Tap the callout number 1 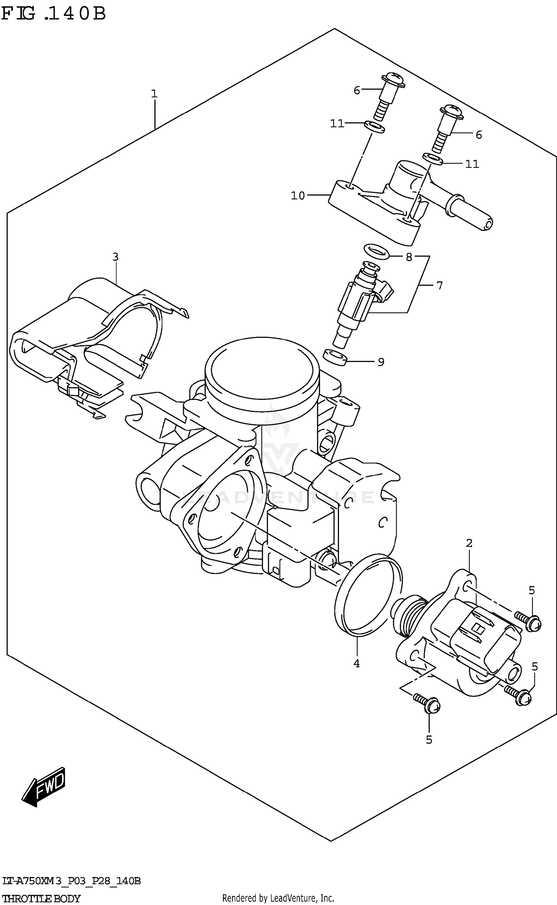click(x=154, y=94)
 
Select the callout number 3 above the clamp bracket click(x=115, y=257)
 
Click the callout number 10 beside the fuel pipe click(x=297, y=196)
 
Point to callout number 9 click(x=381, y=362)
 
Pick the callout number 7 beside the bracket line click(x=440, y=285)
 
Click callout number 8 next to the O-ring click(x=409, y=257)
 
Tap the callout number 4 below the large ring click(x=356, y=663)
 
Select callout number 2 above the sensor click(x=469, y=543)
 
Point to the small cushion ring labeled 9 click(x=334, y=357)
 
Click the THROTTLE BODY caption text click(x=41, y=898)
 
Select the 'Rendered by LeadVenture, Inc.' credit click(x=278, y=898)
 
